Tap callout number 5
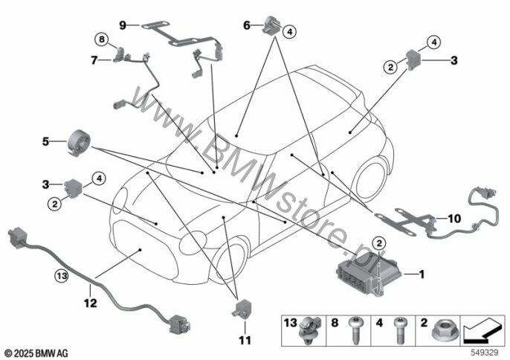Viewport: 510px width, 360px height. click(45, 140)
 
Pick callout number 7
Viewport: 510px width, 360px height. click(95, 59)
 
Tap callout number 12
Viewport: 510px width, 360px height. click(90, 303)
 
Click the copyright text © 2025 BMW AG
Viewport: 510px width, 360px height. click(36, 350)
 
